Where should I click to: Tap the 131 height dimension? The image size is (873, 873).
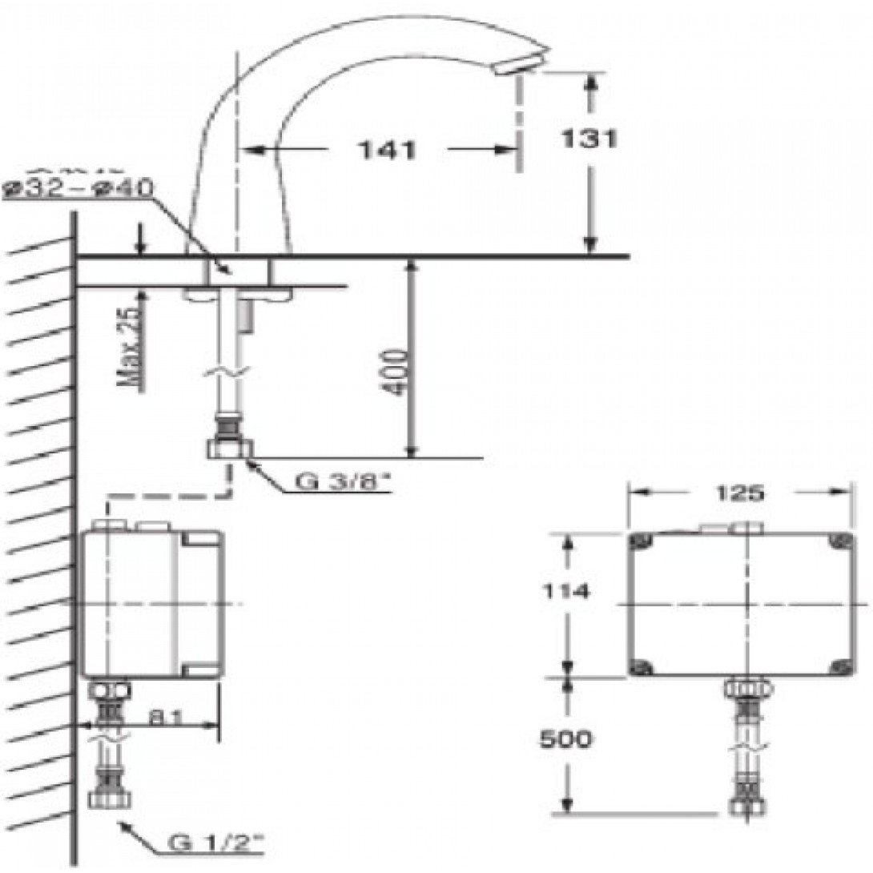point(589,139)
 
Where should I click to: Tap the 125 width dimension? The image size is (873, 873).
point(738,494)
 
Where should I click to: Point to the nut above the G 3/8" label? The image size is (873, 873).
point(231,449)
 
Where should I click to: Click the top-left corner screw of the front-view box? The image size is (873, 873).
point(639,541)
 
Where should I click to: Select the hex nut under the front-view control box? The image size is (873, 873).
point(748,688)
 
